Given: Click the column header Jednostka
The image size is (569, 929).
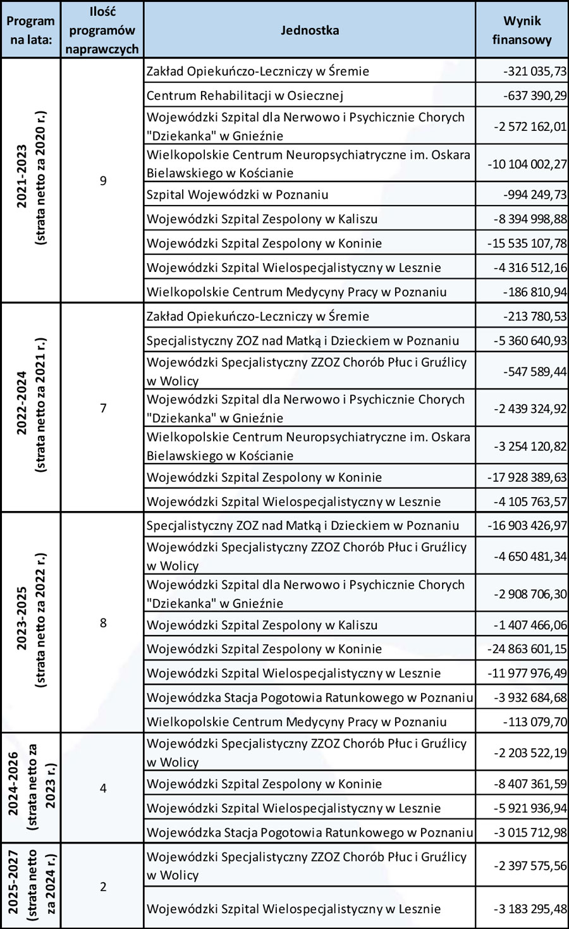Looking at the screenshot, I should (309, 30).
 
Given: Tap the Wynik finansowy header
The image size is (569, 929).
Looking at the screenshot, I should (522, 30).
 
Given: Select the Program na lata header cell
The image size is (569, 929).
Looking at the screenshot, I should (30, 30).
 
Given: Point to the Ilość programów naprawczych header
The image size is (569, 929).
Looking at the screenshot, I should (102, 30).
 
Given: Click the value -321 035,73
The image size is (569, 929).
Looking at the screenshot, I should (535, 71).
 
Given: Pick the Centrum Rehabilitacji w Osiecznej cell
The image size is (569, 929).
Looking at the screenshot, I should (245, 95).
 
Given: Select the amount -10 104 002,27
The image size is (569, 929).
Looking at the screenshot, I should (527, 164).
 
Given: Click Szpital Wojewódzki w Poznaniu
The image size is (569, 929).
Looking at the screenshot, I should (238, 195).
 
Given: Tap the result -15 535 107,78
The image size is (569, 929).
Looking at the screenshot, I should (527, 243).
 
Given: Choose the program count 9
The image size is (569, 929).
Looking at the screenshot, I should (103, 181).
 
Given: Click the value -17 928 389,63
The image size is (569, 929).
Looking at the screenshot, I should (527, 477).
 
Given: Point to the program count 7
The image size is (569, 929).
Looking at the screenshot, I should (103, 408).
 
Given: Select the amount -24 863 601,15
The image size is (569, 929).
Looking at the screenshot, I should (527, 649).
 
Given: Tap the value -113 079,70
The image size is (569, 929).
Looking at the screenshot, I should (535, 722).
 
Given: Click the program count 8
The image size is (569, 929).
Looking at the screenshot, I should (103, 623).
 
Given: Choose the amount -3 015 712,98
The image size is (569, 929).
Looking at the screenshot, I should (530, 832).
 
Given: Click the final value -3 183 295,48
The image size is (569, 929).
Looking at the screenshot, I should (530, 909).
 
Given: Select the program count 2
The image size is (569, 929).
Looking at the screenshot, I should (103, 887).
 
